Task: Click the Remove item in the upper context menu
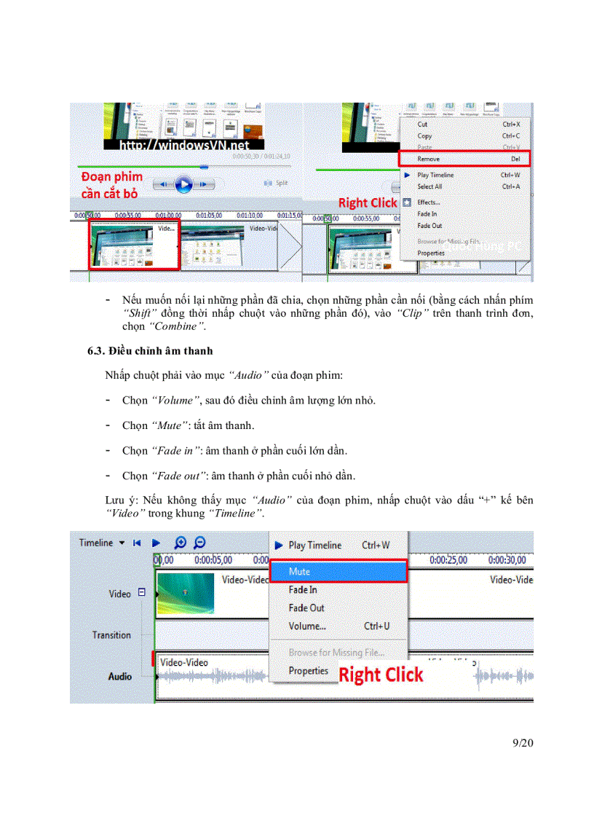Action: [x=429, y=159]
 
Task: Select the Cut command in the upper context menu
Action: [x=423, y=125]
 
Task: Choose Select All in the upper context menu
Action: [x=429, y=186]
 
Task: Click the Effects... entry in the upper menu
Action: [x=429, y=202]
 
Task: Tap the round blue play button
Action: [x=184, y=185]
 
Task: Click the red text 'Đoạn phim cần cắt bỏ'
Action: [x=111, y=185]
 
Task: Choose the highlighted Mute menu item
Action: [x=299, y=572]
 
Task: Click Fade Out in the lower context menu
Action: [x=306, y=607]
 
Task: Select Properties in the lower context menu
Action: [x=308, y=671]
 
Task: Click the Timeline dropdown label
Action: [x=97, y=543]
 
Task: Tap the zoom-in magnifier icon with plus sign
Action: [x=181, y=543]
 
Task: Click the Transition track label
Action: [x=111, y=635]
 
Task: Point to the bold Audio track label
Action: [x=120, y=677]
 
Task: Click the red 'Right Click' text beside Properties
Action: [x=381, y=675]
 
